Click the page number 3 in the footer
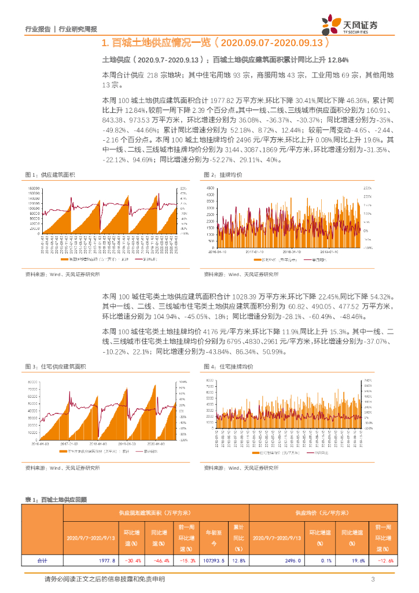click(x=373, y=579)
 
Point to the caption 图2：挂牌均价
click(x=223, y=175)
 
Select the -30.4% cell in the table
click(x=134, y=561)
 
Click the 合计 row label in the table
click(x=42, y=561)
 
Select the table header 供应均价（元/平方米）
click(x=322, y=513)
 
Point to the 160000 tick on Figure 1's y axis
click(x=32, y=189)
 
